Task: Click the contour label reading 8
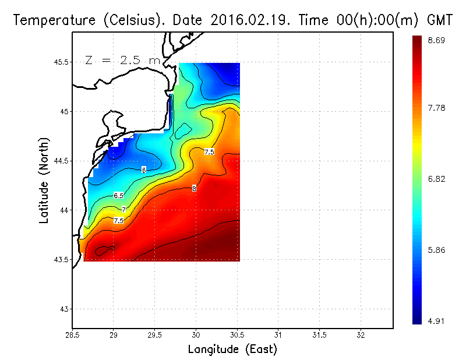tap(194, 188)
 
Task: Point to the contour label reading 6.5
tap(119, 195)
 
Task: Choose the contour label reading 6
tap(144, 170)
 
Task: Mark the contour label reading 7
tap(123, 209)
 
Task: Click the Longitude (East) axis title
tap(232, 350)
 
